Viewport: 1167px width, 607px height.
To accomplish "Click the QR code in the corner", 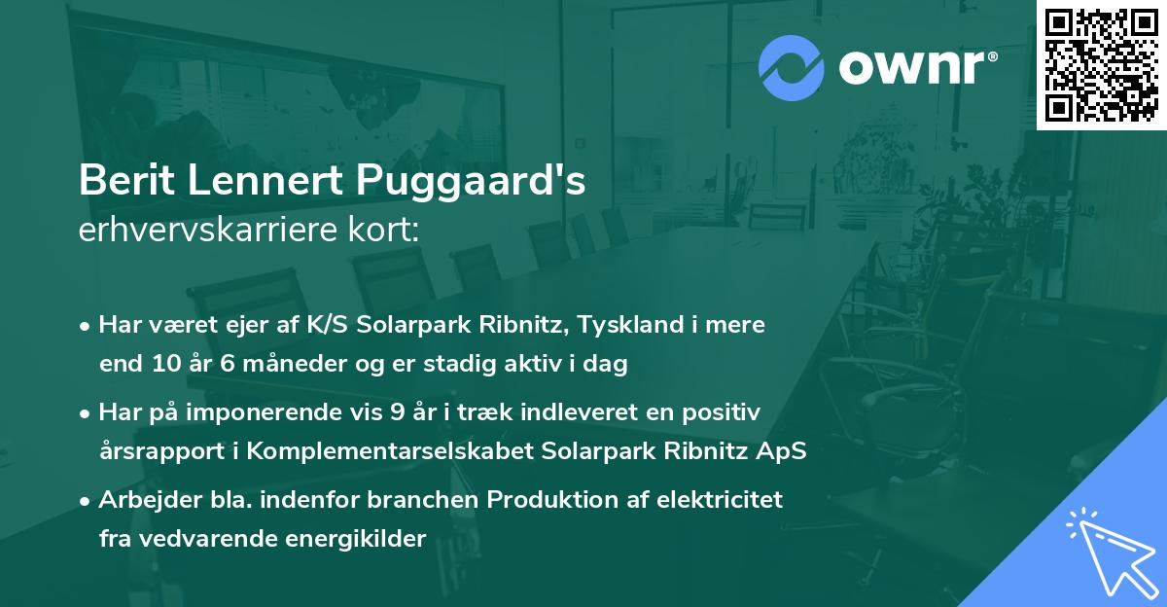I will point(1101,65).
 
